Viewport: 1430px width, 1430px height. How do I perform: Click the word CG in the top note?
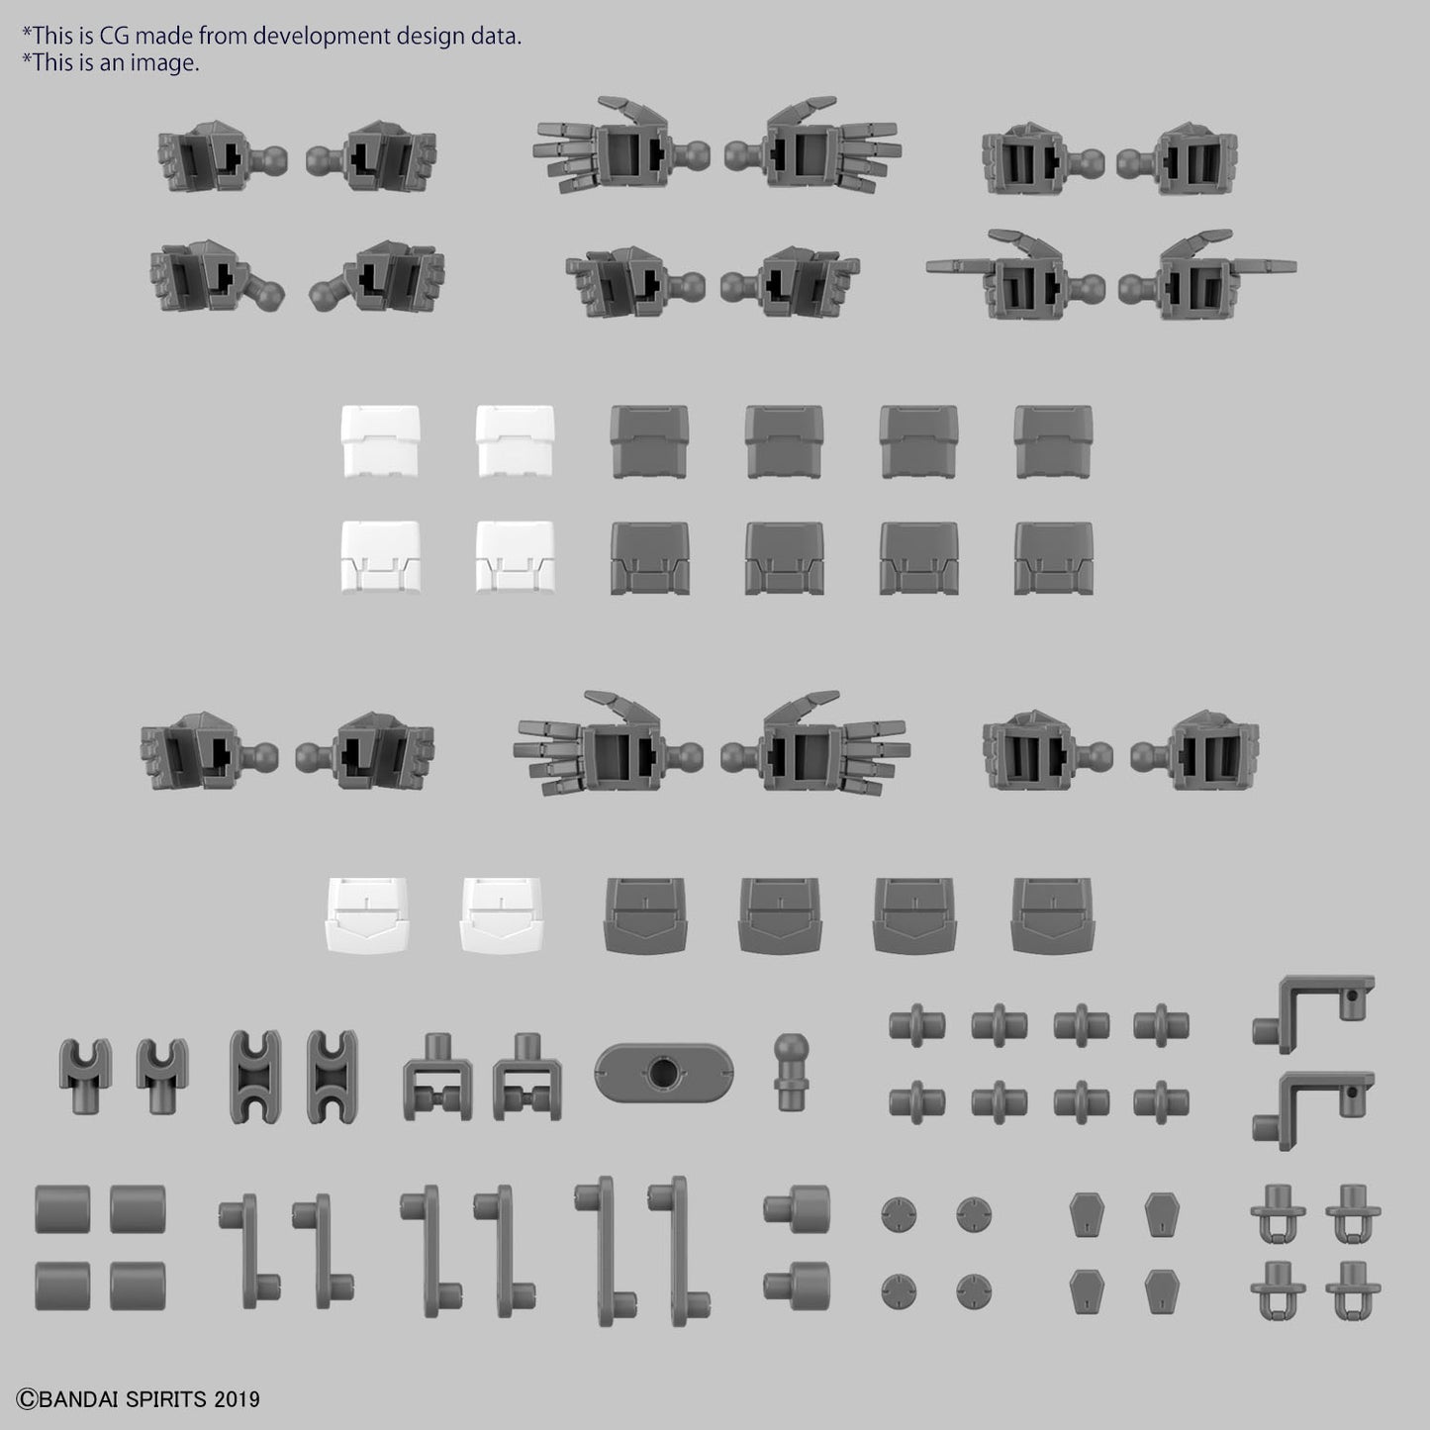(x=115, y=36)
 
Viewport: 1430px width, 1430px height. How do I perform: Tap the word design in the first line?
(x=428, y=37)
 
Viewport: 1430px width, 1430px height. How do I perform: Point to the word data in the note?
(x=494, y=36)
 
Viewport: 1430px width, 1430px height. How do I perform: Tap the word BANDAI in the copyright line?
(x=79, y=1399)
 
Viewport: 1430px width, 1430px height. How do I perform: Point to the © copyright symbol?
(x=28, y=1399)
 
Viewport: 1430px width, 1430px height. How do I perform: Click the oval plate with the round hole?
(x=663, y=1073)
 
